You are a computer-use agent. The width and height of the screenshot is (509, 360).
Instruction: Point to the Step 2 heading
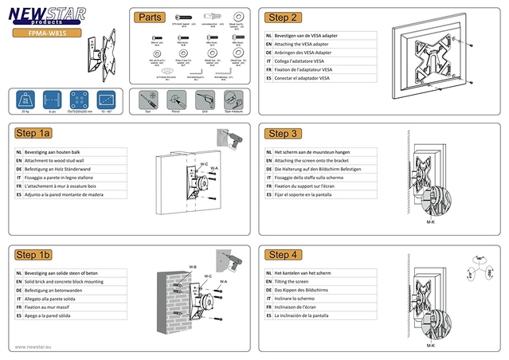tap(284, 17)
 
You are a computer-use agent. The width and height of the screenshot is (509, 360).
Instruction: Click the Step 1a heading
tap(33, 134)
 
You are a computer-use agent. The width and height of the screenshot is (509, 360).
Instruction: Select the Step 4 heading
tap(284, 255)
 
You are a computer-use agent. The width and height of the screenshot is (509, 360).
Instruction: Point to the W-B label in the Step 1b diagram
tap(193, 266)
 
